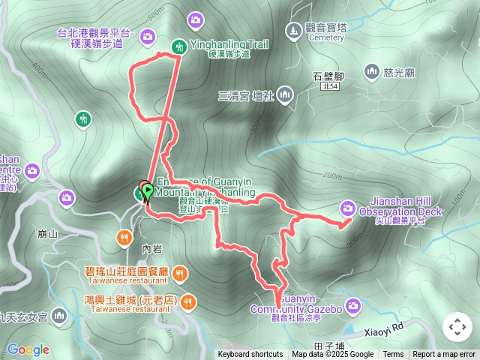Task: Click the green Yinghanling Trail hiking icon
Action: pos(178,46)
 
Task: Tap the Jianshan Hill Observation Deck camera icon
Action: pos(347,207)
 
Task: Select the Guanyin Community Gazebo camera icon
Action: pos(354,304)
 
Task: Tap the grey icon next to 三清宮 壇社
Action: pos(284,95)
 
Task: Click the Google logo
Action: pos(28,349)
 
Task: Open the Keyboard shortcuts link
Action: pos(250,355)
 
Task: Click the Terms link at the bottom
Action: pos(393,355)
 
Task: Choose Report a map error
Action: pos(444,355)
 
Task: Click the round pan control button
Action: pos(457,327)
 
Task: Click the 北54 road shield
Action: pos(329,88)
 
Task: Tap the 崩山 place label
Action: pos(47,234)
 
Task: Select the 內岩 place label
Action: pos(151,248)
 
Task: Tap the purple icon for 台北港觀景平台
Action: pos(147,35)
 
